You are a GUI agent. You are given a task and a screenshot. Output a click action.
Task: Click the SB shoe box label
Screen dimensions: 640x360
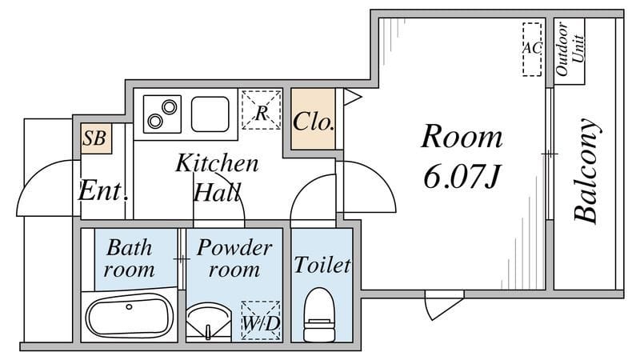94,138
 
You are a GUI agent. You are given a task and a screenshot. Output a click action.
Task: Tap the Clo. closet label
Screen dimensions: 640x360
314,122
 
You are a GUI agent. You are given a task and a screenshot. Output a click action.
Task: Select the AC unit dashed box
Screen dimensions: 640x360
532,49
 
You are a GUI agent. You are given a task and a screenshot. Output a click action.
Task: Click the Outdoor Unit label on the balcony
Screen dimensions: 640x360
570,49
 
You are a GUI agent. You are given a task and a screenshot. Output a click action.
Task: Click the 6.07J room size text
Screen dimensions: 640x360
462,176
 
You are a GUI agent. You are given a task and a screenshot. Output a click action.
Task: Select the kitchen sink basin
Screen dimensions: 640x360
210,114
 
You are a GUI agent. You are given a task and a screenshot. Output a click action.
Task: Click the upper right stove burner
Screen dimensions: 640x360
169,107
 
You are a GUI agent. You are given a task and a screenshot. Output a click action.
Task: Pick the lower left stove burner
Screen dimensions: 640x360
155,122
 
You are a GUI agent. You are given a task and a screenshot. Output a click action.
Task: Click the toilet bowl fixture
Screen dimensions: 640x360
319,314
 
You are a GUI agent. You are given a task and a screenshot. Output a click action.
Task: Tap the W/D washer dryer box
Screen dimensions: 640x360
261,321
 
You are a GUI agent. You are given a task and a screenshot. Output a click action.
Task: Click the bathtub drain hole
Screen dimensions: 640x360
130,306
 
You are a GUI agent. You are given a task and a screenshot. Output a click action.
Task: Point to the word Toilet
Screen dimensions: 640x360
322,265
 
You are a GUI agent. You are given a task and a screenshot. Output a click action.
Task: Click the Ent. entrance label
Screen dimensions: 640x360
104,190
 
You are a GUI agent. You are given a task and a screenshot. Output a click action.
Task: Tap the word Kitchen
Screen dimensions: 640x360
217,163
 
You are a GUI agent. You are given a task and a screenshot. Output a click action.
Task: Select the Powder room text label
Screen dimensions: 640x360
234,258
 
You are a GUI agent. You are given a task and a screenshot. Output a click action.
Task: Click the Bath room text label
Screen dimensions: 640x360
129,258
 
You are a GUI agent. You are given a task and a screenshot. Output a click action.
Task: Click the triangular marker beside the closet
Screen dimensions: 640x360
352,97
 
